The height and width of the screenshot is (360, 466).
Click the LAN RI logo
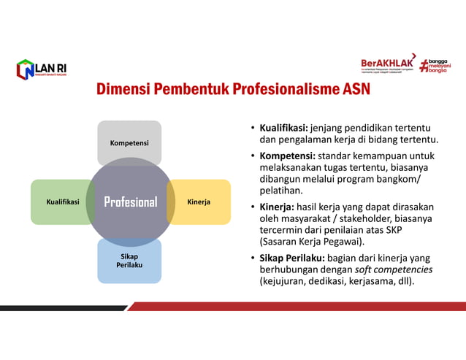click(x=42, y=70)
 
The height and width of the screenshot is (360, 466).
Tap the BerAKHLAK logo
click(x=388, y=64)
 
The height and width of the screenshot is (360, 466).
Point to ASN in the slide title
click(x=356, y=91)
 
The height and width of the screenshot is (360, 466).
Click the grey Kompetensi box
click(x=129, y=142)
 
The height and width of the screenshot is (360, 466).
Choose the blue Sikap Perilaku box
click(x=129, y=261)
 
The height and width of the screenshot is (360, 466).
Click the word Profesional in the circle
click(x=130, y=202)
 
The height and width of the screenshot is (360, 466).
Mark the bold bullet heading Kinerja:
click(x=277, y=207)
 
